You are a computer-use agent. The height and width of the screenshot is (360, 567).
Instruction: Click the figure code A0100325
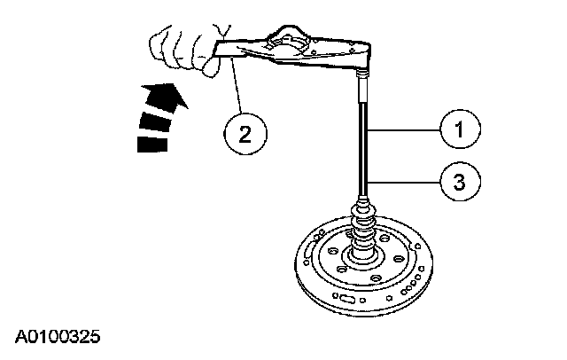56,338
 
